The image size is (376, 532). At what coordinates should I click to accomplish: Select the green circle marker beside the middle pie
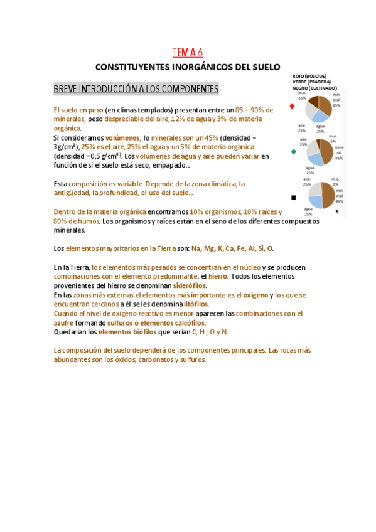tap(293, 151)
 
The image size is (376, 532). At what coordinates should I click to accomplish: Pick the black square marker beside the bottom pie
tap(293, 196)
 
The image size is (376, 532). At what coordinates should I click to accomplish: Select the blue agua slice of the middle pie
tap(316, 158)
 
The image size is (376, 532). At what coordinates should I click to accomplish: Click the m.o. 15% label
tap(303, 96)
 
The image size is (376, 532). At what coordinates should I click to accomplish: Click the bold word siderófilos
tap(190, 285)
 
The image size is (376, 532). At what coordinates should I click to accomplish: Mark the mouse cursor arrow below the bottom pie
tap(337, 211)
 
